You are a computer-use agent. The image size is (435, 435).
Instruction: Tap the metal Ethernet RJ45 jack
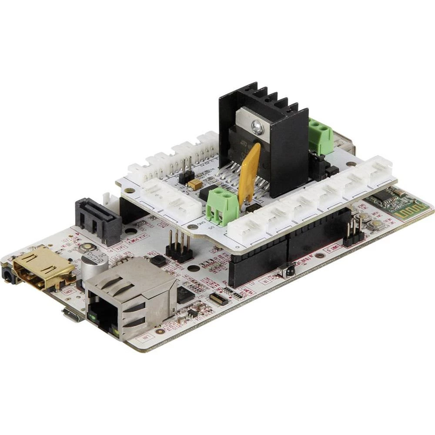[130, 296]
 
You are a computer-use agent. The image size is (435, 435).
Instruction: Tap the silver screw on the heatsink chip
[257, 127]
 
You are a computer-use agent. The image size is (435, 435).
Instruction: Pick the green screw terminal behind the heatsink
[321, 136]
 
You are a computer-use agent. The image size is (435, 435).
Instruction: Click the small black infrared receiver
[287, 270]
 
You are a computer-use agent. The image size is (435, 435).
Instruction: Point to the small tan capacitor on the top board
[194, 184]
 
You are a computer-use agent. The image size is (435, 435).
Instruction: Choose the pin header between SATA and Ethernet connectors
[177, 246]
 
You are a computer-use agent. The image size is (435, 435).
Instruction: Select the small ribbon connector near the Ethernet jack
[218, 299]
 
